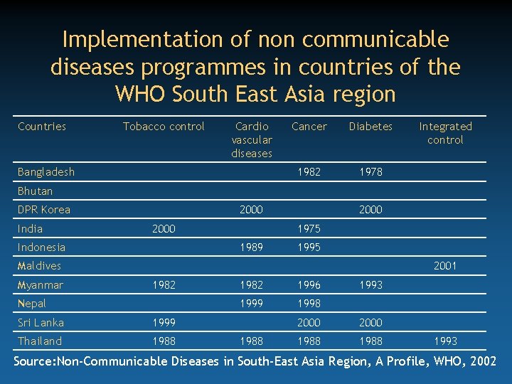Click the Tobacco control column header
[x=164, y=127]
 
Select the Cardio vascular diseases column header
[x=252, y=139]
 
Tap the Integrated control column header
[x=445, y=133]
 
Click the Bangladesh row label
[x=46, y=172]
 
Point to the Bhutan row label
[x=36, y=191]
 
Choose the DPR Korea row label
[x=44, y=210]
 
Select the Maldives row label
[x=40, y=266]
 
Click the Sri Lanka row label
[x=41, y=322]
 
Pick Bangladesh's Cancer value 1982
[x=309, y=172]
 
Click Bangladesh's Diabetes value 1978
[x=370, y=172]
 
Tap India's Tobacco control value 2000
[x=164, y=229]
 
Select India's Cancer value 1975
[x=309, y=229]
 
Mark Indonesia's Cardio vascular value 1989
[x=252, y=247]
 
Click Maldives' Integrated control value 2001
[x=445, y=266]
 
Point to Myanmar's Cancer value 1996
[x=309, y=285]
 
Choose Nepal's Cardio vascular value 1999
[x=252, y=304]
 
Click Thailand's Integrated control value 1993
[x=445, y=341]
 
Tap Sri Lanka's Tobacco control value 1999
[x=164, y=322]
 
